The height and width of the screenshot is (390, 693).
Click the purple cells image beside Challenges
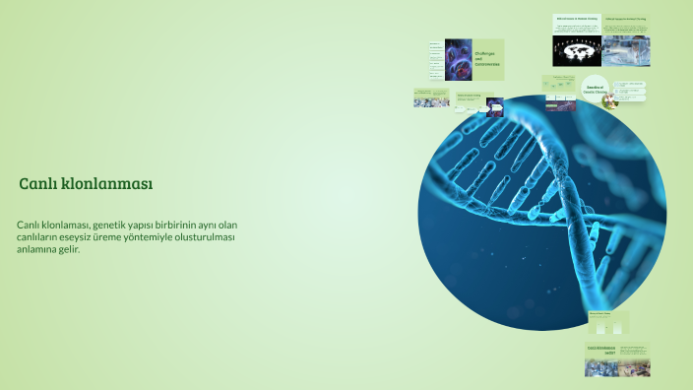459,59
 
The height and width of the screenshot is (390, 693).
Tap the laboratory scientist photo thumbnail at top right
625,48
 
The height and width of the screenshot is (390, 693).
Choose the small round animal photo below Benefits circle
609,100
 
